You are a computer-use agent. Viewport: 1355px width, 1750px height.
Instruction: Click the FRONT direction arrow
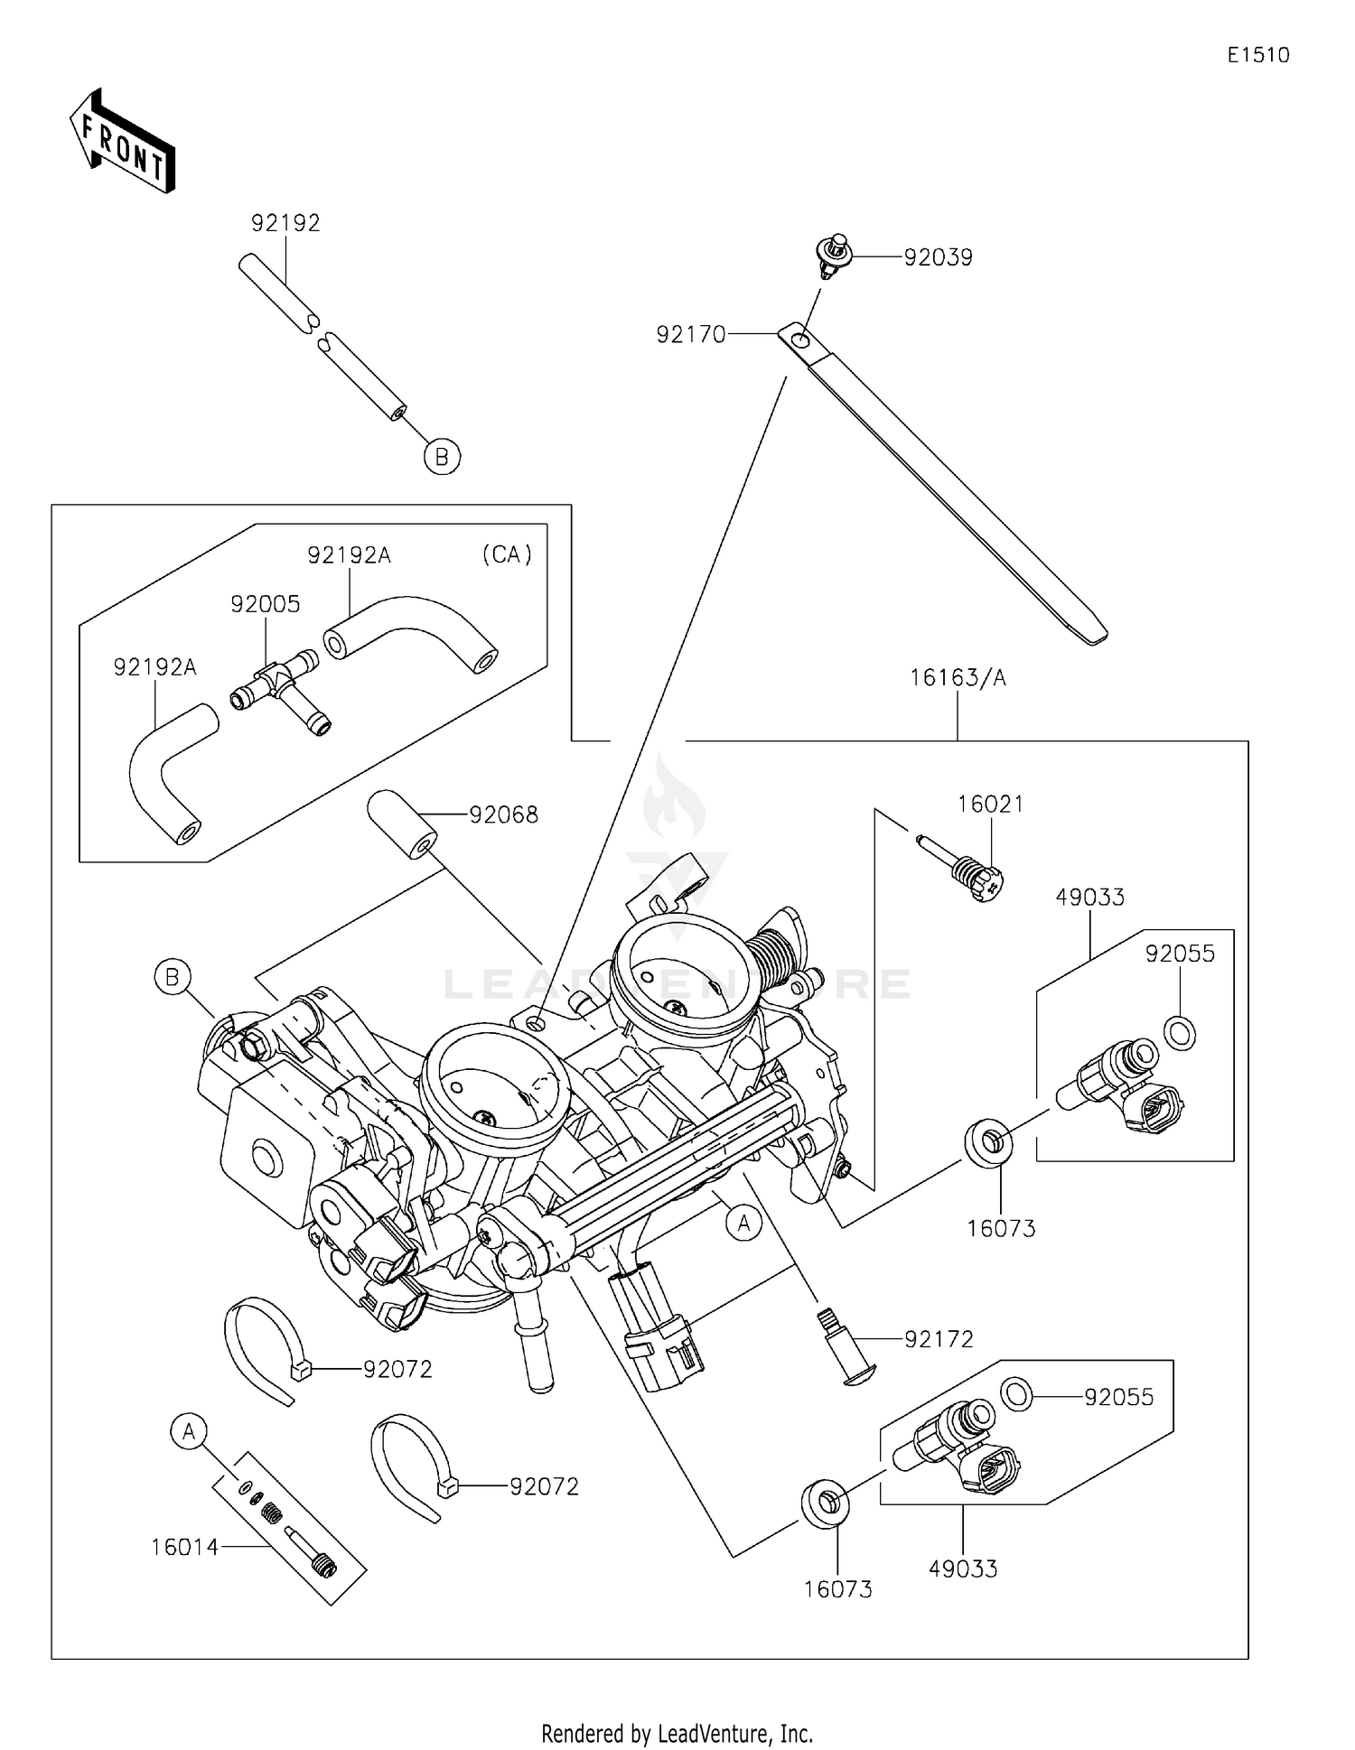point(123,141)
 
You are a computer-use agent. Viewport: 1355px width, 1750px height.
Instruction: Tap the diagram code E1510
point(1258,55)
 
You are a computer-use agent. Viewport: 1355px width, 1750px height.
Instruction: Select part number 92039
point(939,257)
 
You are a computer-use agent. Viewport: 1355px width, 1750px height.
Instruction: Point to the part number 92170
point(691,335)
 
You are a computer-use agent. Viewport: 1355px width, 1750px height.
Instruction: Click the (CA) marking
point(507,554)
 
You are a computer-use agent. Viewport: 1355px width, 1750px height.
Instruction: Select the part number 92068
point(504,814)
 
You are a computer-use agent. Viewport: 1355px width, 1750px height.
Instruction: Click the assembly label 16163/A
point(958,677)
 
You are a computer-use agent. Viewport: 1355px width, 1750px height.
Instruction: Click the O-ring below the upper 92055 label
point(1179,1031)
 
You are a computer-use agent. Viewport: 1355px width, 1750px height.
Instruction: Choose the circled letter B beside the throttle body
point(173,977)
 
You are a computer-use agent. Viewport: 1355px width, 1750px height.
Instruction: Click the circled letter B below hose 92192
point(442,457)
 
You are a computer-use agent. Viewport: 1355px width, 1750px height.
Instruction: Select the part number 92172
point(939,1338)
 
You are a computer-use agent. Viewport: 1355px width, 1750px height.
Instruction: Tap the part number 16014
point(185,1547)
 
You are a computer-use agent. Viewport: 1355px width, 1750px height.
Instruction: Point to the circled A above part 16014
point(189,1431)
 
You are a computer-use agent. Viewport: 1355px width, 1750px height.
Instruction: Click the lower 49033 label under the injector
point(963,1569)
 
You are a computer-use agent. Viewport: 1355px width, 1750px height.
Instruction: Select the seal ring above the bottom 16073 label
point(824,1503)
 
